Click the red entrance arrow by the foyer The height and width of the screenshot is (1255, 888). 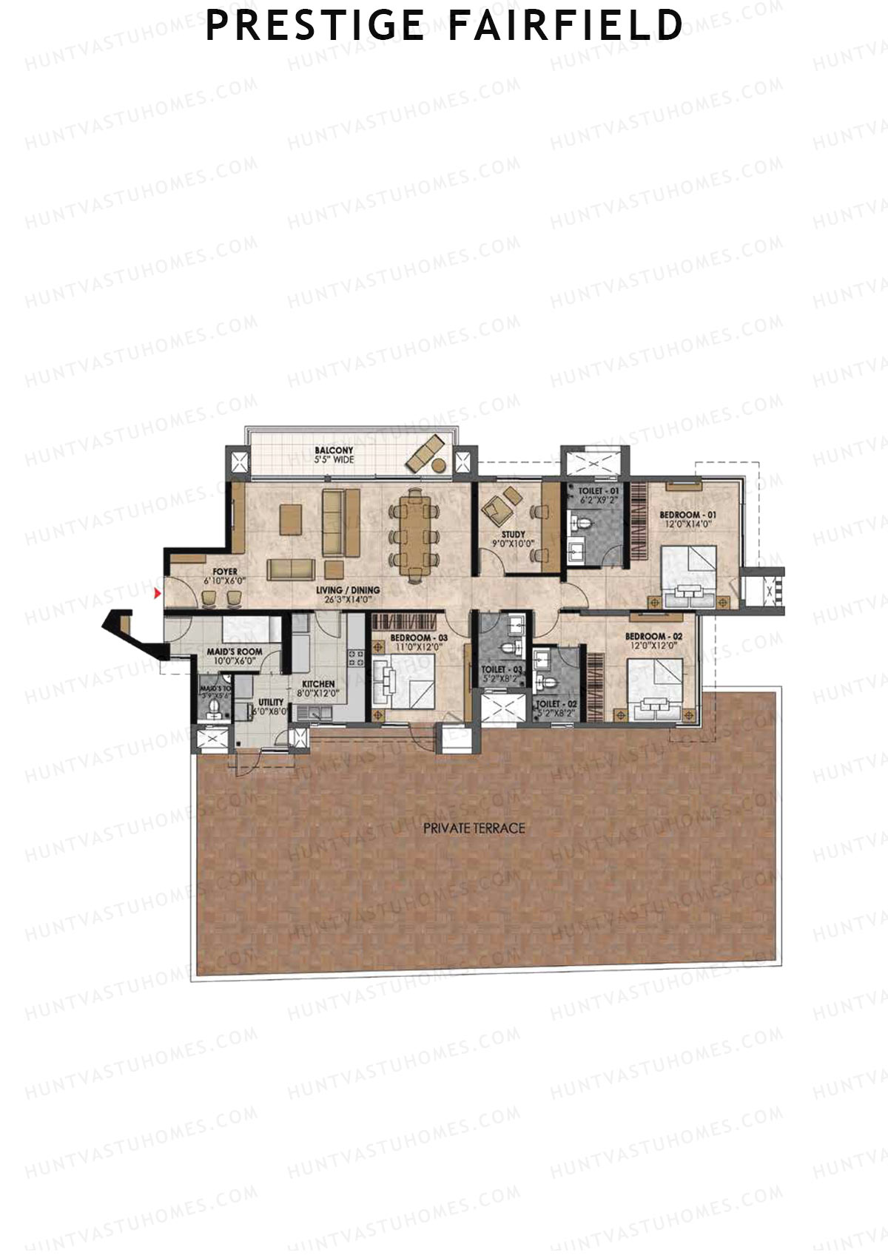(x=157, y=592)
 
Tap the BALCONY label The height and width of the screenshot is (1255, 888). (x=334, y=450)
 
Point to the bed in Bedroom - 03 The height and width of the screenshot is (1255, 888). (x=403, y=683)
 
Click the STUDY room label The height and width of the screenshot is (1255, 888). (x=513, y=534)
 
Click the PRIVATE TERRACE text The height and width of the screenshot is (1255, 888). (x=474, y=828)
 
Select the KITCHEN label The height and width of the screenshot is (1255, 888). (x=318, y=684)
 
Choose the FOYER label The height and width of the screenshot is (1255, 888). (x=225, y=572)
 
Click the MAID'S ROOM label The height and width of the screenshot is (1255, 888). (x=234, y=652)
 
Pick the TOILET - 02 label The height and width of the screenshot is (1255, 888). (x=552, y=704)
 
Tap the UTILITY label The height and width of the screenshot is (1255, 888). (x=271, y=702)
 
